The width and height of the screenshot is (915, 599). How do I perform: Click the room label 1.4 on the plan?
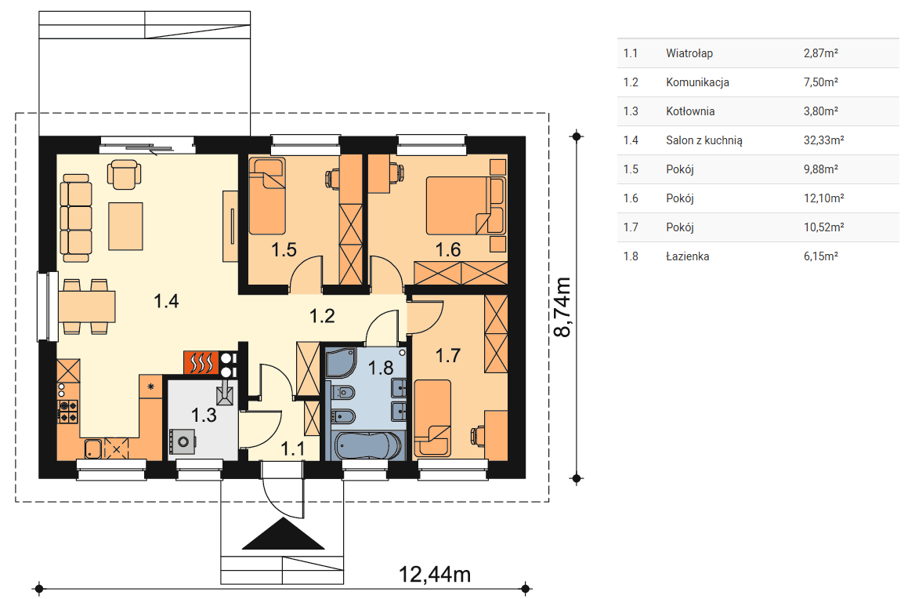click(x=166, y=301)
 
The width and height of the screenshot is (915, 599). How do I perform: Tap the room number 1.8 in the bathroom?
click(x=381, y=368)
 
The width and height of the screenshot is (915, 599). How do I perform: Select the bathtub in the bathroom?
click(x=367, y=446)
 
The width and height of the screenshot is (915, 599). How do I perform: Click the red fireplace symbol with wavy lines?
click(x=201, y=362)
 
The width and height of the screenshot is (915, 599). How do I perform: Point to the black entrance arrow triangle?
click(x=283, y=534)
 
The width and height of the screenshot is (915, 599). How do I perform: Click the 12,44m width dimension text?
click(x=435, y=575)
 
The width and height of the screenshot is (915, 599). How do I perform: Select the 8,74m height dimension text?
click(x=562, y=307)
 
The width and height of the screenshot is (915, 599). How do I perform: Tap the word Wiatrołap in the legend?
click(x=689, y=53)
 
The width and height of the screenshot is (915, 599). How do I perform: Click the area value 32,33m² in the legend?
click(x=823, y=140)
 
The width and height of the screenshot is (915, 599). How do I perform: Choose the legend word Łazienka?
click(x=687, y=256)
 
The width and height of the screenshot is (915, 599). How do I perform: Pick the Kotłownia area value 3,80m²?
click(x=820, y=111)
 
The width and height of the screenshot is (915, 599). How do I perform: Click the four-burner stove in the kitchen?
click(x=68, y=412)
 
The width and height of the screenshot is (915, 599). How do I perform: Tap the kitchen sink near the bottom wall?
click(x=92, y=448)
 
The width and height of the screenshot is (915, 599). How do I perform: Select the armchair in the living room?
click(x=125, y=174)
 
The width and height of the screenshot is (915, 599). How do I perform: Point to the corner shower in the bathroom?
click(x=341, y=363)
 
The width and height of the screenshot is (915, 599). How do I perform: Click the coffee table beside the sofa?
click(x=125, y=226)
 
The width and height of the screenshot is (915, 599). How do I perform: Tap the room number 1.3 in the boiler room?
click(x=204, y=415)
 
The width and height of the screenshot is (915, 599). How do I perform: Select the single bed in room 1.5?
click(x=267, y=195)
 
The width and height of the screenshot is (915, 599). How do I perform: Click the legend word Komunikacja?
click(x=697, y=82)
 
